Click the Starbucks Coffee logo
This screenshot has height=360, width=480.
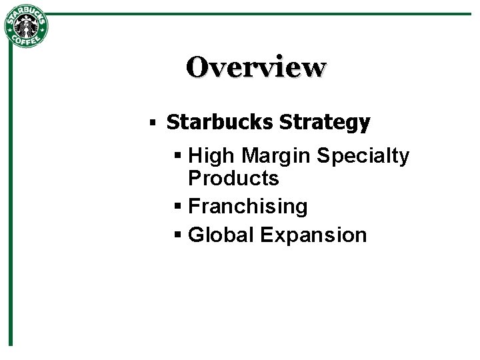point(27,27)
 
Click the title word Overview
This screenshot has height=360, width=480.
point(257,67)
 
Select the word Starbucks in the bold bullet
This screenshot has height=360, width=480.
point(220,123)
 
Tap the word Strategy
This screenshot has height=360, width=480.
point(325,123)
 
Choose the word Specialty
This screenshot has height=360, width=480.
point(363,156)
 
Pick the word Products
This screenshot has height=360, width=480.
point(233,179)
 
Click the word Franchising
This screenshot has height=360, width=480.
point(248,207)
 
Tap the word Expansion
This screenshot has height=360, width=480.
point(313,235)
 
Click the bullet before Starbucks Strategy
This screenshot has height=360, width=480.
point(153,123)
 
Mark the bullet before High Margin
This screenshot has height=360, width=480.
point(177,157)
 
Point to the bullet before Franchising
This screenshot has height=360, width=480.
point(177,207)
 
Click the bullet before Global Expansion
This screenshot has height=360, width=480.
point(177,235)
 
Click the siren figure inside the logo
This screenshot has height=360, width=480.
point(27,27)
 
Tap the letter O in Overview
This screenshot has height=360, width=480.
point(198,67)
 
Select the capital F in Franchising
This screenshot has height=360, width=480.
point(194,207)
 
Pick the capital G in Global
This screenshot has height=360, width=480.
point(197,235)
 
